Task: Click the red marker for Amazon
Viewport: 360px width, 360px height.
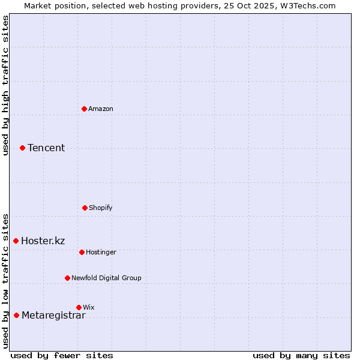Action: [x=84, y=109]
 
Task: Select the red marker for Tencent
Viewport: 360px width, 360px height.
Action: [x=22, y=148]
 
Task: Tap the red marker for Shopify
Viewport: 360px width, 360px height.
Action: [x=85, y=208]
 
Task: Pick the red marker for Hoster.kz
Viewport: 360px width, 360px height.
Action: [x=16, y=241]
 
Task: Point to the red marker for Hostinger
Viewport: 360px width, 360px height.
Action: [x=82, y=252]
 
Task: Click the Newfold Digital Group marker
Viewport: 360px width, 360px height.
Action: [x=67, y=278]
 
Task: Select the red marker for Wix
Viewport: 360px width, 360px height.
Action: [x=79, y=307]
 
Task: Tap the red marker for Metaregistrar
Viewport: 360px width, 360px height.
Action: [x=16, y=315]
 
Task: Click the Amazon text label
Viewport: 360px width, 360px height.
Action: [x=101, y=109]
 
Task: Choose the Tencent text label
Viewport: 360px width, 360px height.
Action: [x=46, y=148]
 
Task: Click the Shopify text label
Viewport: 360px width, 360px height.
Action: [x=101, y=208]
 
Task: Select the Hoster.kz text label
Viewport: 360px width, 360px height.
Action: [x=43, y=241]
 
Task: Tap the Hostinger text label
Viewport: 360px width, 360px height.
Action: [x=101, y=252]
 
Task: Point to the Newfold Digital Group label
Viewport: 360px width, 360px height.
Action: [x=107, y=278]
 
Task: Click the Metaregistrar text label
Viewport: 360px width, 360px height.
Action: [x=53, y=316]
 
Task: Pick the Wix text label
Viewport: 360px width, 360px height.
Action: [x=89, y=307]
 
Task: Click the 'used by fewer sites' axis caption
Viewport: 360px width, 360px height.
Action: [x=62, y=355]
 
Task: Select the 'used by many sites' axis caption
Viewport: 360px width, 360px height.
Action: [x=301, y=355]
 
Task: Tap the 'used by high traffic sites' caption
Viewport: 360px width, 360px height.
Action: [x=5, y=85]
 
